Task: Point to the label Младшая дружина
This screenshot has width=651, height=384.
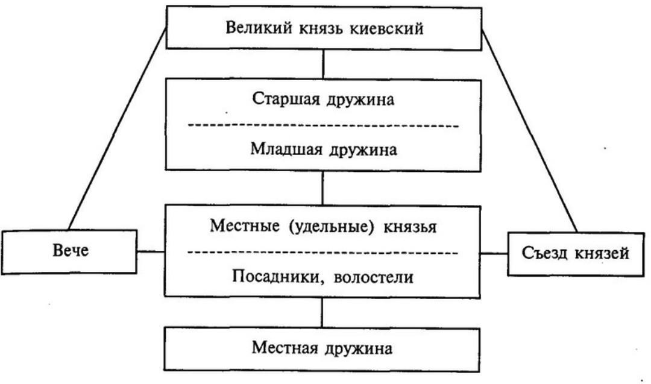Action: [323, 149]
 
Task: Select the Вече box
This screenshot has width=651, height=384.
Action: [69, 251]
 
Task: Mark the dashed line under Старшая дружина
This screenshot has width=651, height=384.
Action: [323, 125]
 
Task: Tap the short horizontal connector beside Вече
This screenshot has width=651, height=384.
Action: [151, 251]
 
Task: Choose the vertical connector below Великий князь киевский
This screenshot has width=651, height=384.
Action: [324, 63]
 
